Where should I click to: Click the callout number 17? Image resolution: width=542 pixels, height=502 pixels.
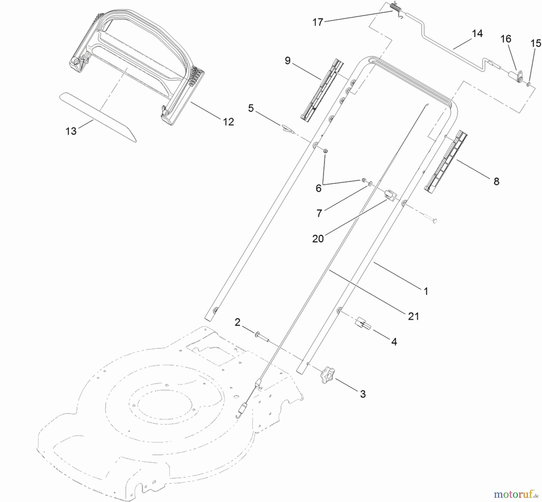(x=318, y=22)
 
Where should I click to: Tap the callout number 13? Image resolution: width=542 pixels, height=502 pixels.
(x=71, y=131)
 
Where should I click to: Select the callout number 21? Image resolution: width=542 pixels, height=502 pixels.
(x=413, y=316)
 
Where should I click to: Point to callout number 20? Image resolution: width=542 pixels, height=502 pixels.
(x=318, y=239)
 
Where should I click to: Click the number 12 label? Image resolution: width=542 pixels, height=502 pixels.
(x=229, y=122)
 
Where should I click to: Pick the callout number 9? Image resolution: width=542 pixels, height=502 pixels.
(x=288, y=61)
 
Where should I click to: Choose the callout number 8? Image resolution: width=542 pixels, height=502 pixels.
(x=496, y=181)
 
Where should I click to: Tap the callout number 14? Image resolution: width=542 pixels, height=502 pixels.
(x=477, y=33)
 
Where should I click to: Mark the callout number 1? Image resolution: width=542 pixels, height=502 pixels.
(x=426, y=291)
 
